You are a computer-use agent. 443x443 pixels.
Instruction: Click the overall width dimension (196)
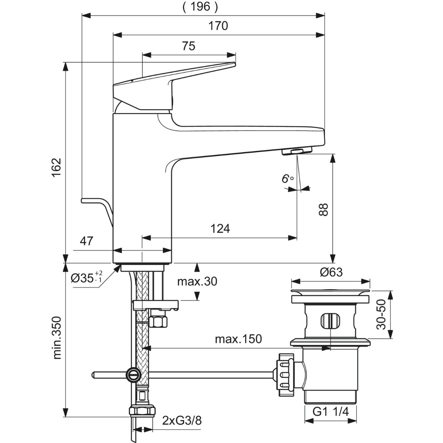coord(200,7)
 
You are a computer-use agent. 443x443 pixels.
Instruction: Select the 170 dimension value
coord(218,26)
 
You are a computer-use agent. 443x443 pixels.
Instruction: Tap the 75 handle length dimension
coord(189,46)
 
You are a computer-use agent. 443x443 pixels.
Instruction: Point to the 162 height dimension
coord(56,167)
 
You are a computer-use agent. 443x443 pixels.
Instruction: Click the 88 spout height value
coord(324,209)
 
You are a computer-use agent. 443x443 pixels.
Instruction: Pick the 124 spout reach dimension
coord(220,229)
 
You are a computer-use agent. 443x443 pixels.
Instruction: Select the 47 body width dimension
coord(86,241)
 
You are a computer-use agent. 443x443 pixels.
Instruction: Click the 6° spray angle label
coord(288,179)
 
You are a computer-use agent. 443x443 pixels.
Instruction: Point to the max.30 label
coord(197,281)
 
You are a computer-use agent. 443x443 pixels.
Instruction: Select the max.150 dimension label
coord(238,339)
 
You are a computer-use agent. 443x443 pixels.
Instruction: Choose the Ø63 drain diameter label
coord(331,272)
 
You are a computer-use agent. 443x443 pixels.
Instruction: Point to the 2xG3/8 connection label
coord(182,420)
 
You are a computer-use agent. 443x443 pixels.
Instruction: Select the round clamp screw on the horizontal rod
coord(133,375)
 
